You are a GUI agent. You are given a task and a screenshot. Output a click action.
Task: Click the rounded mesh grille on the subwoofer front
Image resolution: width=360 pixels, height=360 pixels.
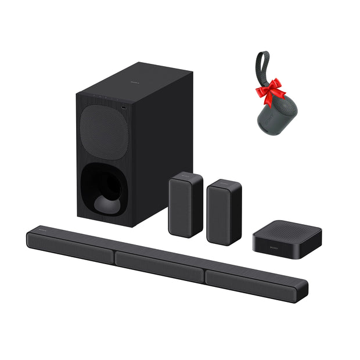(x=104, y=130)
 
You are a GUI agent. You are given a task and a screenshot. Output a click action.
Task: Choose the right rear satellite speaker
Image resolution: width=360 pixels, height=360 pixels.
(x=224, y=212)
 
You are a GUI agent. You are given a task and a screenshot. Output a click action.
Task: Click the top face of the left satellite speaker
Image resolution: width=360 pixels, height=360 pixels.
(x=186, y=176)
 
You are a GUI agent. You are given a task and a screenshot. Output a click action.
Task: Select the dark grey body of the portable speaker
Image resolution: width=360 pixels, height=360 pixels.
(x=273, y=113)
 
